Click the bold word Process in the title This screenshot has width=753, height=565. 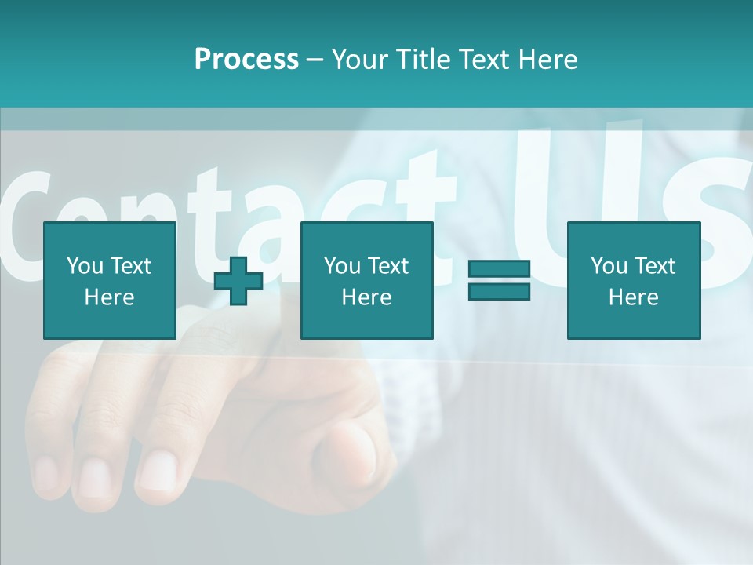tap(246, 60)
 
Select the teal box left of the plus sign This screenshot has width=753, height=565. tap(110, 280)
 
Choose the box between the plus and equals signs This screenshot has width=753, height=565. tap(366, 280)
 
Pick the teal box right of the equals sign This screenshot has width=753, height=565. tap(633, 280)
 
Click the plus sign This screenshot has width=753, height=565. tap(238, 280)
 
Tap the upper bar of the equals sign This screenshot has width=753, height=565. tap(499, 269)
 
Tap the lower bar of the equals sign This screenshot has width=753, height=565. tap(499, 291)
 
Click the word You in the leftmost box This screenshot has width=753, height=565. tap(84, 266)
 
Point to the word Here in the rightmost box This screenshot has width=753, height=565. tap(633, 297)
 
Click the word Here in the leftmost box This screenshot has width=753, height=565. tap(110, 297)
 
